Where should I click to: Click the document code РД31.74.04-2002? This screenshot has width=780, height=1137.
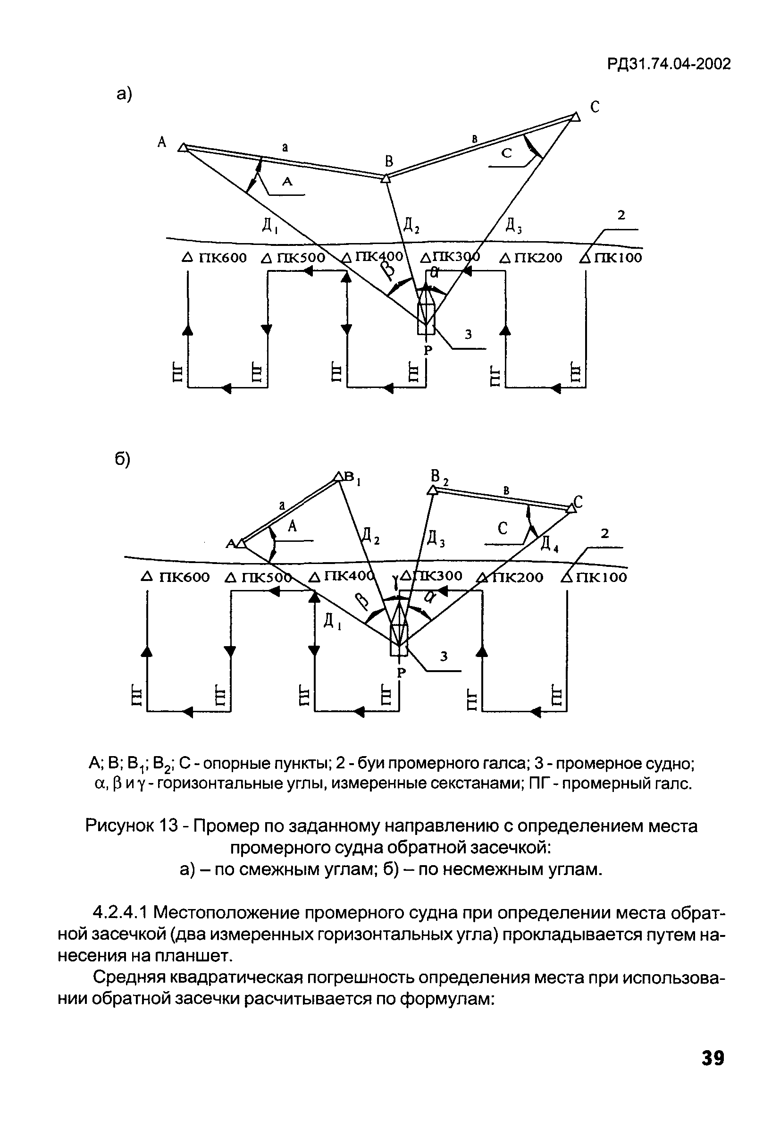click(x=669, y=64)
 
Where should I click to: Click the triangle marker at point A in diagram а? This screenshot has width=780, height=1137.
click(x=183, y=147)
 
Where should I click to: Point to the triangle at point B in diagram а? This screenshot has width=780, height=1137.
click(x=386, y=178)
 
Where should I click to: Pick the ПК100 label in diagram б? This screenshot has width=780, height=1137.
click(x=601, y=577)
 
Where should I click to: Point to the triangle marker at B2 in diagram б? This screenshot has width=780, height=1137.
click(x=432, y=490)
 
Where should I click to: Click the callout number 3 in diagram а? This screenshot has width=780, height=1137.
click(x=468, y=334)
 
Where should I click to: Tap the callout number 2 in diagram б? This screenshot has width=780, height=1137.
click(x=605, y=534)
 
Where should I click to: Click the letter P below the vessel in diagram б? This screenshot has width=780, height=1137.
click(x=401, y=673)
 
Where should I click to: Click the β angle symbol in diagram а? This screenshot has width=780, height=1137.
click(x=387, y=270)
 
